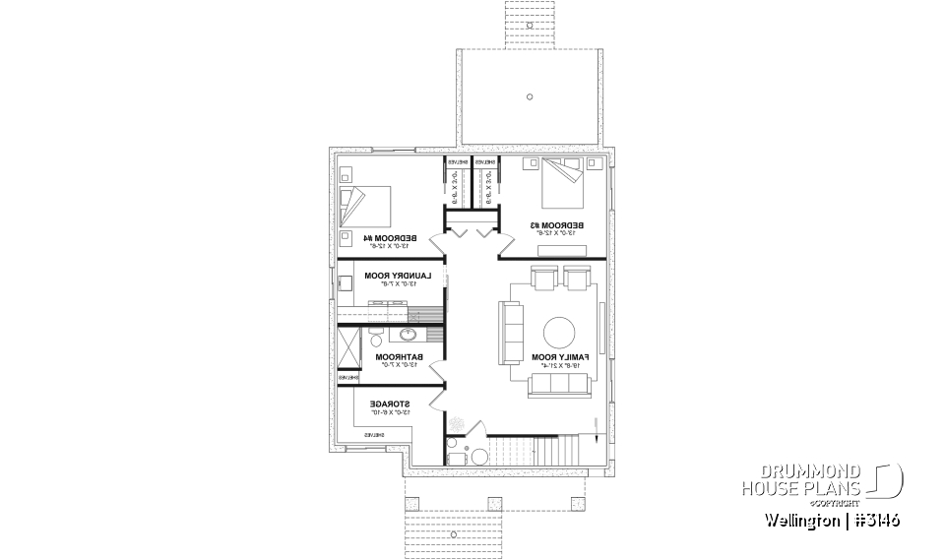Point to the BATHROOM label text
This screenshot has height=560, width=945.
[400, 357]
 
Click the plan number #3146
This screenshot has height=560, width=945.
[872, 519]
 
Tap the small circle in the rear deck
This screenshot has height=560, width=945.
[530, 96]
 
